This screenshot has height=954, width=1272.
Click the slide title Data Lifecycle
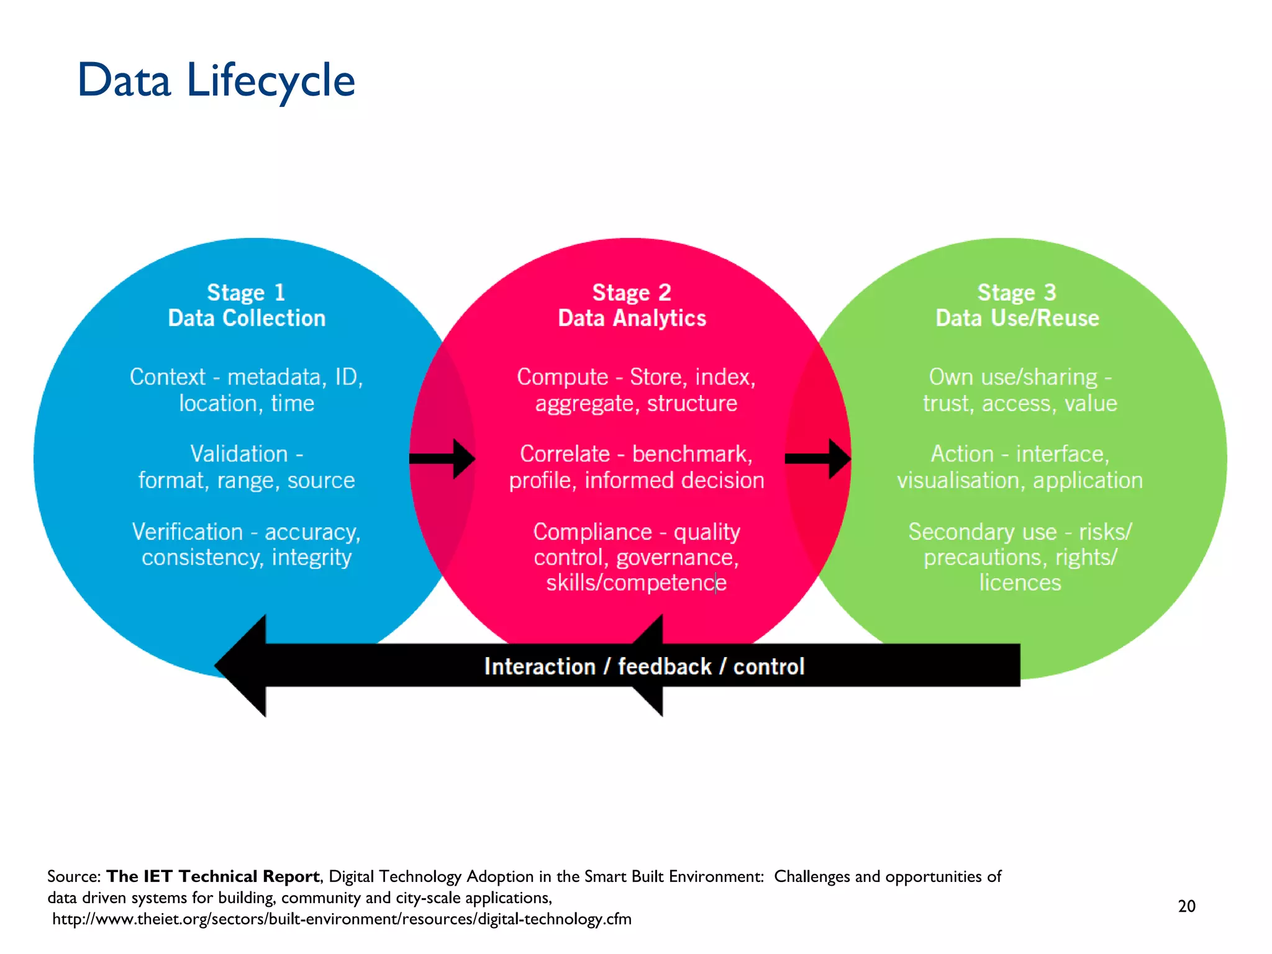[x=216, y=81]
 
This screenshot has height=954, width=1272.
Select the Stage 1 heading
[x=246, y=292]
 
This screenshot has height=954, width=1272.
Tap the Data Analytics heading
[x=632, y=318]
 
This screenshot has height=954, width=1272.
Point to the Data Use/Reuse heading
[x=1017, y=318]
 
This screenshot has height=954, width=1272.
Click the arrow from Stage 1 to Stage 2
[x=442, y=459]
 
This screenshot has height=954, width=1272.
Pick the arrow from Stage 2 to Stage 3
[x=818, y=459]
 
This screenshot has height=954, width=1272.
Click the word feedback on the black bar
[x=664, y=666]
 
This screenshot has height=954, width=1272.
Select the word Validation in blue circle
[x=238, y=454]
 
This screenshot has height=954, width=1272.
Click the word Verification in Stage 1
[x=188, y=532]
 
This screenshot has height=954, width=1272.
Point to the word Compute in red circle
[x=562, y=377]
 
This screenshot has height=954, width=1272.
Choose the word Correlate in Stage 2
[x=565, y=454]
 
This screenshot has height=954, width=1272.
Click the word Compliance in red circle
[x=593, y=532]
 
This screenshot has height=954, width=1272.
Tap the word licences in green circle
[x=1020, y=583]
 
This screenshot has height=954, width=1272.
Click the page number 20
[x=1186, y=906]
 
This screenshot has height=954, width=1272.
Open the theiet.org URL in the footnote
[x=342, y=919]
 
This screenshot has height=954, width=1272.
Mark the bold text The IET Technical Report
[x=213, y=876]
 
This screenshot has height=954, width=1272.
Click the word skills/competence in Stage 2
[x=636, y=583]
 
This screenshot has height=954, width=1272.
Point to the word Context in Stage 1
[x=167, y=377]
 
